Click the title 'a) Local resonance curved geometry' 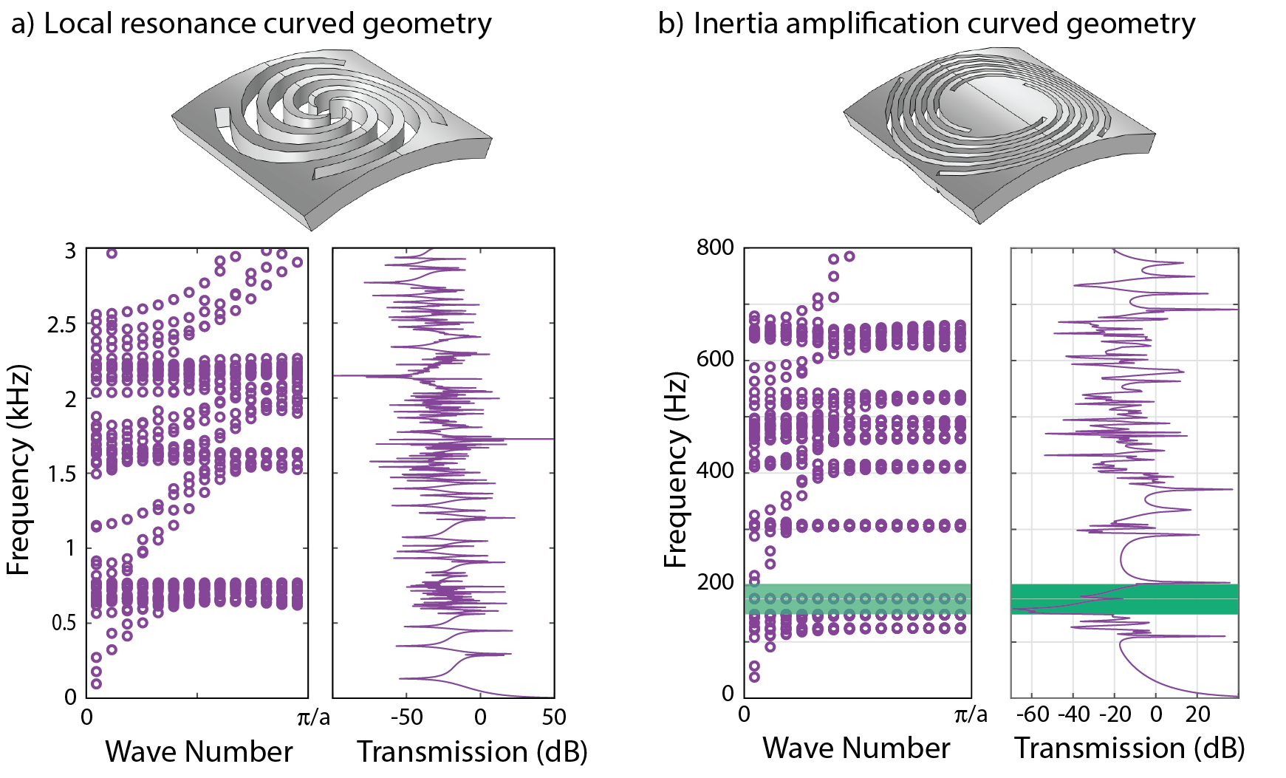point(251,24)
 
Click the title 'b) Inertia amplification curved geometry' point(926,24)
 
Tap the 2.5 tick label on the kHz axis point(61,324)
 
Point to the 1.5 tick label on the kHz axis point(61,474)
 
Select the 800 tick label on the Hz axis point(715,248)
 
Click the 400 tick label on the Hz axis point(715,471)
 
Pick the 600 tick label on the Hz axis point(715,359)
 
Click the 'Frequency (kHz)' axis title point(18,470)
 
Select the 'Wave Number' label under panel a point(199,751)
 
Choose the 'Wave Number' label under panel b point(856,748)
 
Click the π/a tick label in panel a point(313,717)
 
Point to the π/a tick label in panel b point(971,714)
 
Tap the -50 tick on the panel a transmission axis point(406,717)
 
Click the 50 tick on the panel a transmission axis point(553,717)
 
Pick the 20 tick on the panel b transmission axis point(1197,714)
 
